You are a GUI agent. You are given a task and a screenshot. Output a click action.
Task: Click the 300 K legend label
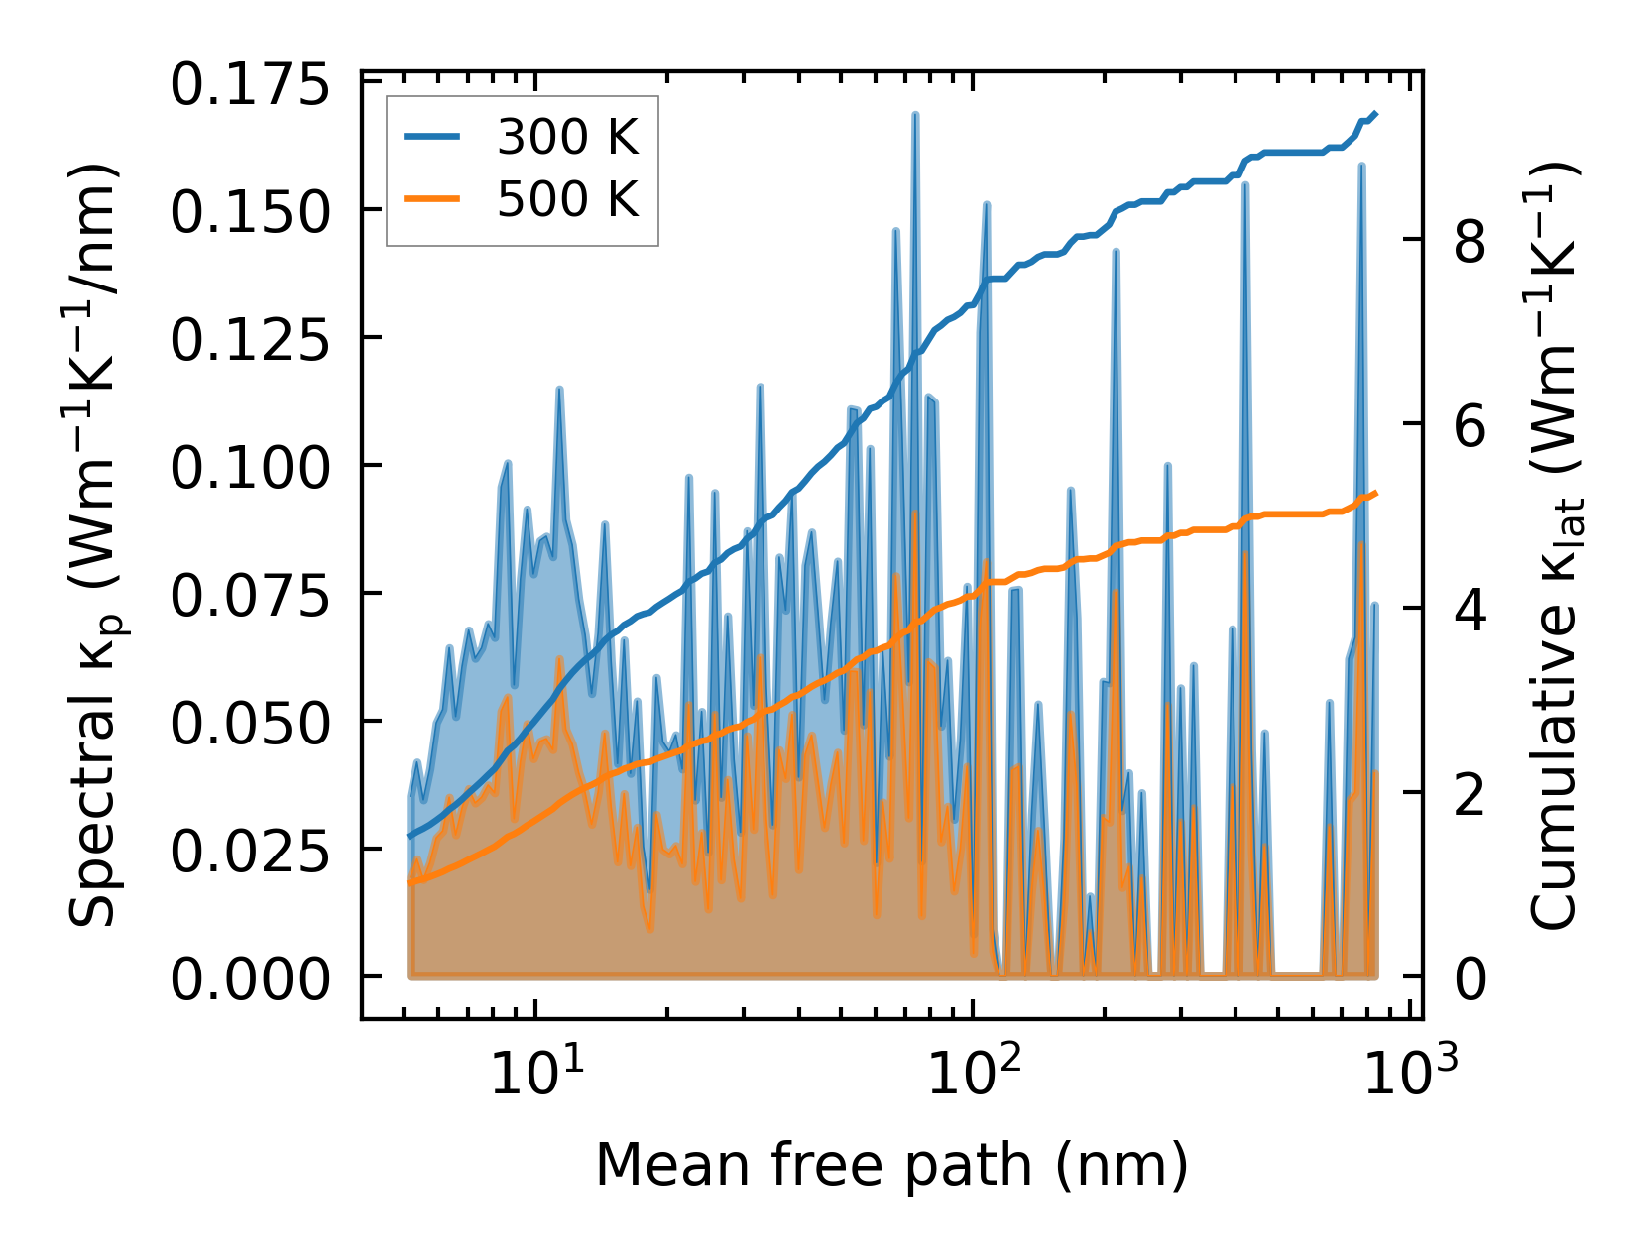(567, 138)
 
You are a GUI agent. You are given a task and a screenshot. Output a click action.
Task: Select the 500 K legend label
(567, 200)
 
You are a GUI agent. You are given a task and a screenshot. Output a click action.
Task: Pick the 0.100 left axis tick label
(249, 468)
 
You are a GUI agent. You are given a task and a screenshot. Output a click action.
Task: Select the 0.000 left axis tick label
(249, 980)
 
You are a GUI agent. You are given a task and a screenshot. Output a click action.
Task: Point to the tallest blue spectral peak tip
(915, 115)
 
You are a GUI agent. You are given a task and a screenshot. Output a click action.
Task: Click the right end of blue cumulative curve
(1375, 114)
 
